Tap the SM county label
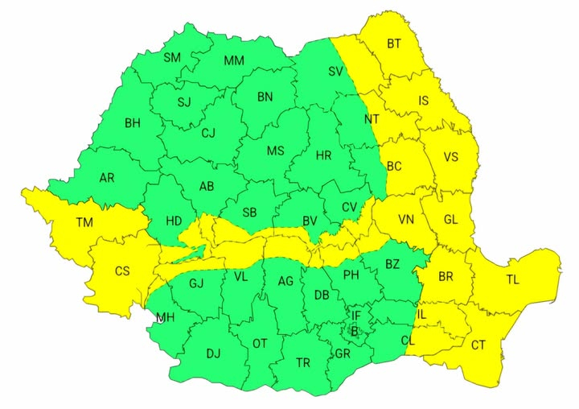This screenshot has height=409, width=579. pos(172,57)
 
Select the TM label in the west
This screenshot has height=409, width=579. pos(84,222)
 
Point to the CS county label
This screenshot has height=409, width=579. pos(121,271)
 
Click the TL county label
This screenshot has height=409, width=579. pos(513,281)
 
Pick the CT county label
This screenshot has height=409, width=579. pos(478,345)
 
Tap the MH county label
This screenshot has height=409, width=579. pos(166,317)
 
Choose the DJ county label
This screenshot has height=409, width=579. pos(213,353)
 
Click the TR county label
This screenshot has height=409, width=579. pos(302,362)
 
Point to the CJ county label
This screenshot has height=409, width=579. pos(208,133)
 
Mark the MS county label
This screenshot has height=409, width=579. pos(275,151)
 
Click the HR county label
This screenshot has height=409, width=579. pos(323,155)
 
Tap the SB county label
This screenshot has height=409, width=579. pos(249,213)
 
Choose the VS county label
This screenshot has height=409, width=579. pos(450,157)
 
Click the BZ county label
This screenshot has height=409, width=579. pos(392,264)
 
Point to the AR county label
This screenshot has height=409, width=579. pos(107,178)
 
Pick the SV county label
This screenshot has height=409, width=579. pos(336,71)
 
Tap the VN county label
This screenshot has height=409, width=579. pos(405,218)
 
